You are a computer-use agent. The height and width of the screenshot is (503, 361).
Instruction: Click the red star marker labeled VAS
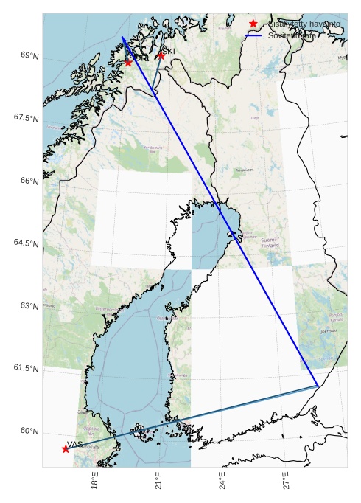click(66, 448)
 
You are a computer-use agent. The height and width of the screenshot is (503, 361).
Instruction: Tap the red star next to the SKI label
click(161, 55)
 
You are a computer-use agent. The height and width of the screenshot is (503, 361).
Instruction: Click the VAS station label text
click(74, 444)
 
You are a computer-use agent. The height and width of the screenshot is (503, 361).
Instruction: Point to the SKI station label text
click(169, 51)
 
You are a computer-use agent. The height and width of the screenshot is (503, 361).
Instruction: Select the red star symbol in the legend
click(253, 24)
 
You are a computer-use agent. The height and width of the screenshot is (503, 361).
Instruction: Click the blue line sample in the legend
click(253, 35)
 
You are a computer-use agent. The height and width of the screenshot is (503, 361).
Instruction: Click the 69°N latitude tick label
click(29, 55)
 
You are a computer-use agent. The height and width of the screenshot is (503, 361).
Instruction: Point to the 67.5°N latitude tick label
click(26, 117)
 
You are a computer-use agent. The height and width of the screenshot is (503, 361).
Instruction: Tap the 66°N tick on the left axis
click(29, 181)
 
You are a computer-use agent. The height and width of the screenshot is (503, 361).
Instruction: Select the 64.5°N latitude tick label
click(26, 243)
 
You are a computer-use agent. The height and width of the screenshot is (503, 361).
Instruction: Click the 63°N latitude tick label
click(29, 305)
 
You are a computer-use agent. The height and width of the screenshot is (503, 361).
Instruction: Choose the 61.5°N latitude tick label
click(26, 368)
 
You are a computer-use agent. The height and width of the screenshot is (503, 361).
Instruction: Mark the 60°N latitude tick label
click(29, 431)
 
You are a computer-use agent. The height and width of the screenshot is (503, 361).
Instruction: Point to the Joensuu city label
click(328, 331)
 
